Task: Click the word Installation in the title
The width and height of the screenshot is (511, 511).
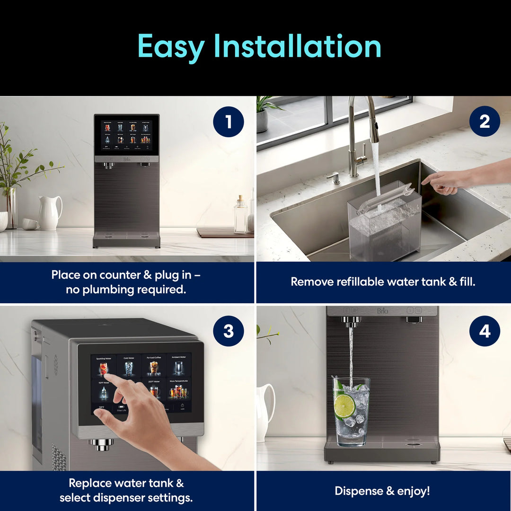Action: pyautogui.click(x=297, y=46)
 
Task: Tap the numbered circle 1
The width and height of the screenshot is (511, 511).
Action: pyautogui.click(x=229, y=122)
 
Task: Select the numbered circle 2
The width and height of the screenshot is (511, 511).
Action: pyautogui.click(x=485, y=122)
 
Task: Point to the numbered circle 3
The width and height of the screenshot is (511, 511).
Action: pyautogui.click(x=229, y=331)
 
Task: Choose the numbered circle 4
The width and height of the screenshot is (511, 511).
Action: pyautogui.click(x=485, y=331)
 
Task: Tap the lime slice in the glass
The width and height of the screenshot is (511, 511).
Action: pyautogui.click(x=344, y=405)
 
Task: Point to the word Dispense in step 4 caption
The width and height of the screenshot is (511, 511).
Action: pyautogui.click(x=357, y=491)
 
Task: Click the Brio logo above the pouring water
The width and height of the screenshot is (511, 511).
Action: pyautogui.click(x=382, y=311)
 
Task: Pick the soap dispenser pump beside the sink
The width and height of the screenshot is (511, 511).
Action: pyautogui.click(x=335, y=178)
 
